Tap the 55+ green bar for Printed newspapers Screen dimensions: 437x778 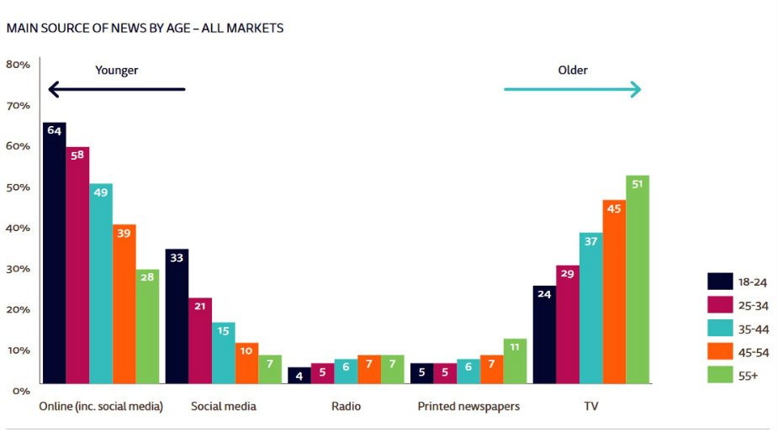(515, 361)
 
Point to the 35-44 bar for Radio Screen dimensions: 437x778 (346, 371)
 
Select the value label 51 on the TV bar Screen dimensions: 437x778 (638, 185)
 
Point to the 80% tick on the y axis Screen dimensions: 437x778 (19, 65)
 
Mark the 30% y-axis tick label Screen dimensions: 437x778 (19, 269)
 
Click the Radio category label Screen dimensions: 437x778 (346, 407)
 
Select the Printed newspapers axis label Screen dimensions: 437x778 (468, 407)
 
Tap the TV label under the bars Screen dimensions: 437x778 (591, 407)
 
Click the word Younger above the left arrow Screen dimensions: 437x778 (116, 71)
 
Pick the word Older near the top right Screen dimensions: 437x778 (573, 70)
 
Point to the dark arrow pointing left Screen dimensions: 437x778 (116, 89)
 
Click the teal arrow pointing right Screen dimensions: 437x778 (573, 89)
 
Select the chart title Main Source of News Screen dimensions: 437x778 (145, 28)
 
